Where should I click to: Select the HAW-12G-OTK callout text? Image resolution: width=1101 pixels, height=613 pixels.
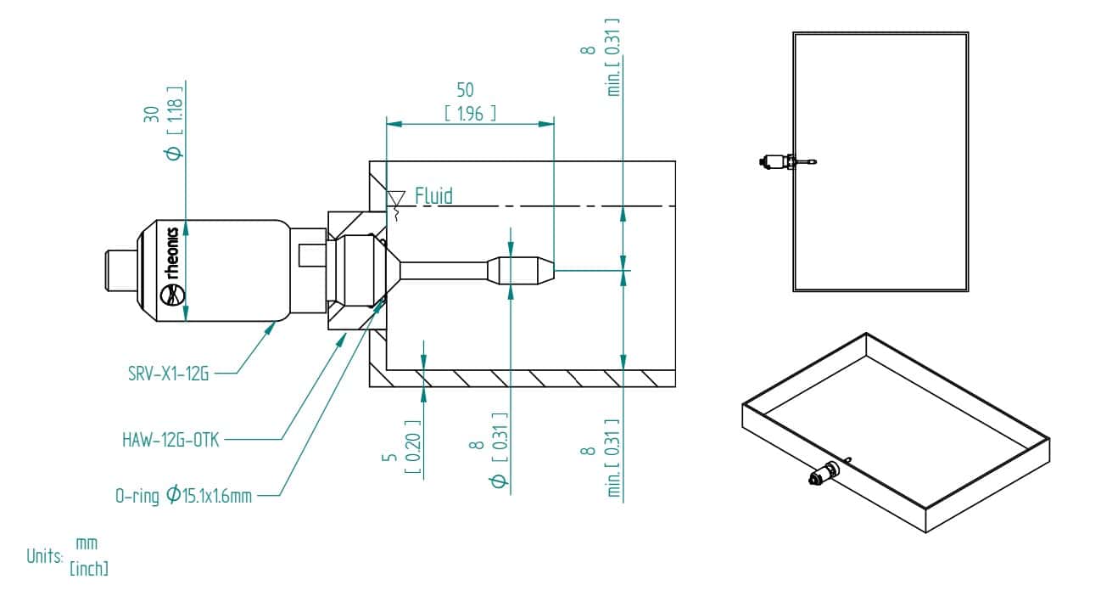[170, 440]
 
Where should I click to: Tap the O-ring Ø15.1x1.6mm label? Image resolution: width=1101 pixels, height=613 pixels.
[183, 495]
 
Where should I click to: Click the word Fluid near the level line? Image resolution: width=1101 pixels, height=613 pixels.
[433, 196]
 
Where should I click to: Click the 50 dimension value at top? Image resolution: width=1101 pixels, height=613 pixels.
[465, 90]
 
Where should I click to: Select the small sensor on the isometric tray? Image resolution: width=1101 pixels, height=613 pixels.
[822, 475]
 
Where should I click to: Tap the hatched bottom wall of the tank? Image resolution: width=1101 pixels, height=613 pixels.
[526, 378]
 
